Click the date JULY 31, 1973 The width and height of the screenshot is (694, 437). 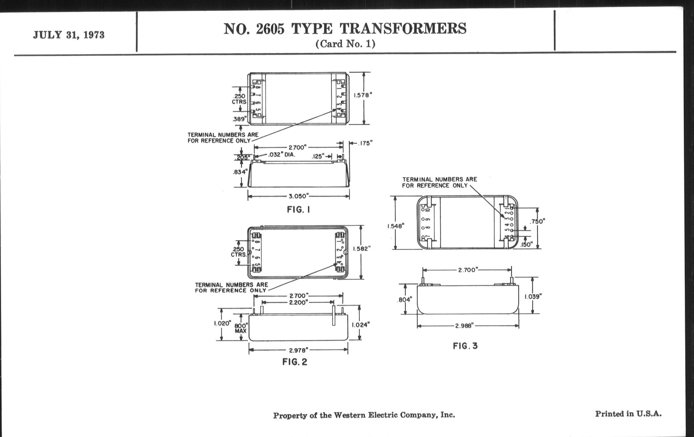(x=68, y=35)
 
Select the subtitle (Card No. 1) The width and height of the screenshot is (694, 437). (x=345, y=44)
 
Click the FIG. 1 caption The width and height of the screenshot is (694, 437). (x=298, y=210)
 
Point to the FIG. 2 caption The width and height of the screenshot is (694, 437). (x=295, y=362)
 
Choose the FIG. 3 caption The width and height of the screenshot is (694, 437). (x=465, y=346)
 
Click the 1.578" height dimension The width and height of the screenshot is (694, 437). (x=363, y=95)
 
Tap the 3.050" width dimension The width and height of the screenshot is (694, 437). (x=298, y=197)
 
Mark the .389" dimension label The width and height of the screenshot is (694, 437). (x=240, y=119)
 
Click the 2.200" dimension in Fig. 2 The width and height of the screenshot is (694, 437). (x=298, y=302)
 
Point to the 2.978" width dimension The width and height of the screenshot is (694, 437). (x=298, y=350)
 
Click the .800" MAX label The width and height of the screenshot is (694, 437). (x=241, y=328)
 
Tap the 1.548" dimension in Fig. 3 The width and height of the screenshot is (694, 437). (x=396, y=226)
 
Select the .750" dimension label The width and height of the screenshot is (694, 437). (x=538, y=222)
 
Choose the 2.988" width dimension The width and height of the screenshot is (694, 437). (x=465, y=326)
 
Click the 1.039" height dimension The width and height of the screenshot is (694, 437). (x=533, y=296)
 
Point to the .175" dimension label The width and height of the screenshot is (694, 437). (x=365, y=143)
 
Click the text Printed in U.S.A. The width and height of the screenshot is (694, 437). (x=628, y=414)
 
